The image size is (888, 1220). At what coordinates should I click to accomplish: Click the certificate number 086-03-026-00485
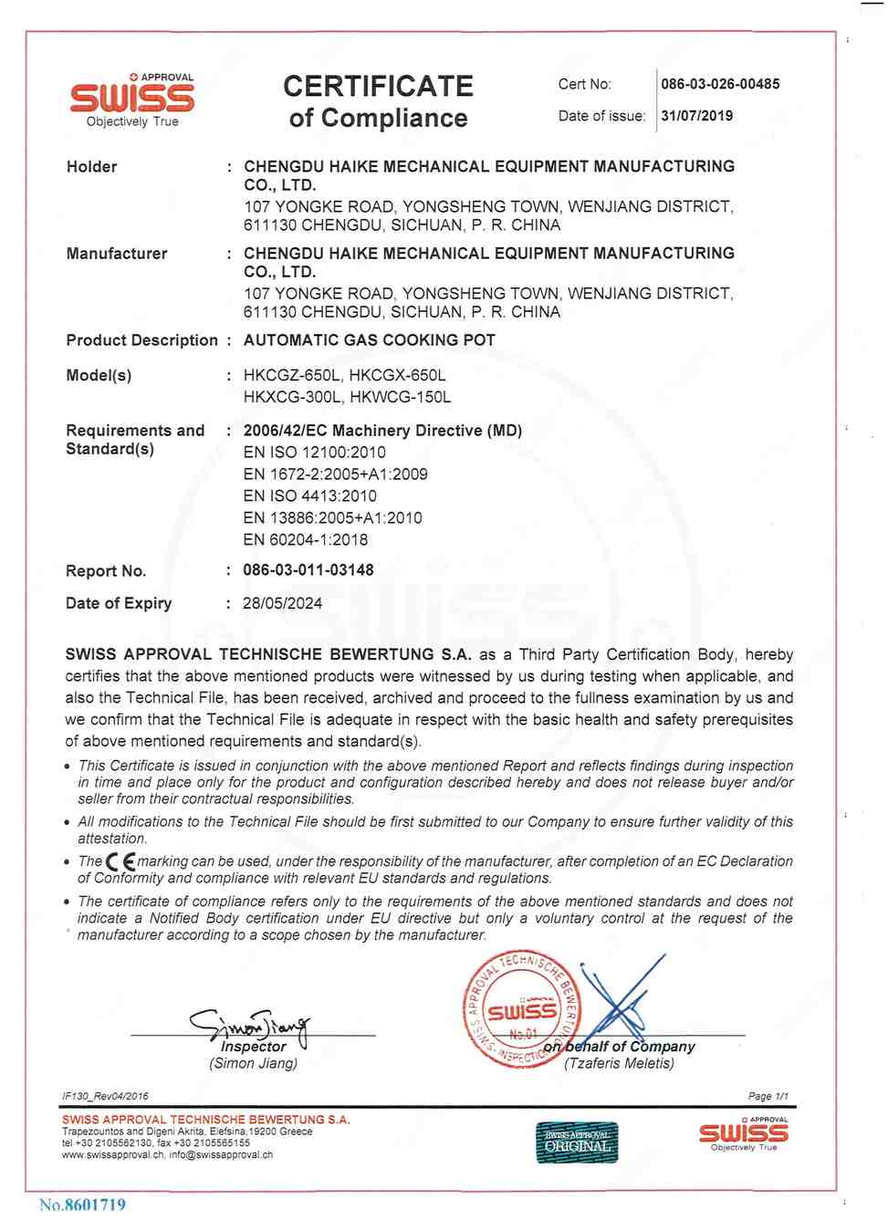720,84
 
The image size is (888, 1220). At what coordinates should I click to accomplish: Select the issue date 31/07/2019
696,116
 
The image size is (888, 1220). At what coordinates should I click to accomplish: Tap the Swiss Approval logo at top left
132,99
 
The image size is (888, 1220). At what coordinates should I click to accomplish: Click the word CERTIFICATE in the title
378,87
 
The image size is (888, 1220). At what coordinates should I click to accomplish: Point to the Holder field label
91,167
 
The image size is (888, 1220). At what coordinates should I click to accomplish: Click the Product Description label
141,340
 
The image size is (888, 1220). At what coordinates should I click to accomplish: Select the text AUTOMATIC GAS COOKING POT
369,340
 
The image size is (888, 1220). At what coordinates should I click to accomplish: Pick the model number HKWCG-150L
401,397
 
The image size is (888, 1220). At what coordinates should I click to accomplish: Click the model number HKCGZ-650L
292,375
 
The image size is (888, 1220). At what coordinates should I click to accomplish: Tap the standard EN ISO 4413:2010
309,495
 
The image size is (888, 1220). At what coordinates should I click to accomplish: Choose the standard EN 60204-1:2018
305,539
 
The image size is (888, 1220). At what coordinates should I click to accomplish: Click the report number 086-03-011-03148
308,570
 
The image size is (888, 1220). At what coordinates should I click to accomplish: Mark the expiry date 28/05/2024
282,603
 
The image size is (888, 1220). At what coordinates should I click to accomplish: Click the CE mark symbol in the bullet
120,861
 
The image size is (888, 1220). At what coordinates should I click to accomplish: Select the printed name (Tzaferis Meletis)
619,1063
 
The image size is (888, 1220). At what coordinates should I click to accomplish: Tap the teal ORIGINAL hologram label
576,1142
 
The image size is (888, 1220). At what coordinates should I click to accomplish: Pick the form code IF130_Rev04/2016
105,1096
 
